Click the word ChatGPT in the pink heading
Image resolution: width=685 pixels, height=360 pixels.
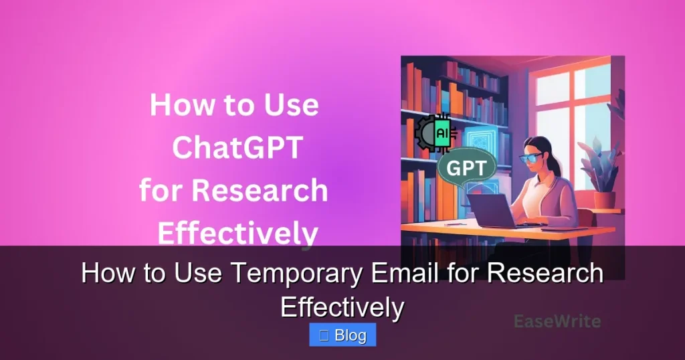pos(233,149)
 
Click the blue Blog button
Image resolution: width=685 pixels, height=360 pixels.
pos(342,335)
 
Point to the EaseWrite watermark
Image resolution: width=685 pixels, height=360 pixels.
pos(557,321)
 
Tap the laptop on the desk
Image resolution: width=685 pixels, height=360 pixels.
pos(492,209)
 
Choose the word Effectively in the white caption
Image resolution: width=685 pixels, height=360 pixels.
pos(342,306)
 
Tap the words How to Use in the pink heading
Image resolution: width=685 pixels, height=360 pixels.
pos(233,106)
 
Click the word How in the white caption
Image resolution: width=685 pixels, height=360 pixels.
pos(105,274)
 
